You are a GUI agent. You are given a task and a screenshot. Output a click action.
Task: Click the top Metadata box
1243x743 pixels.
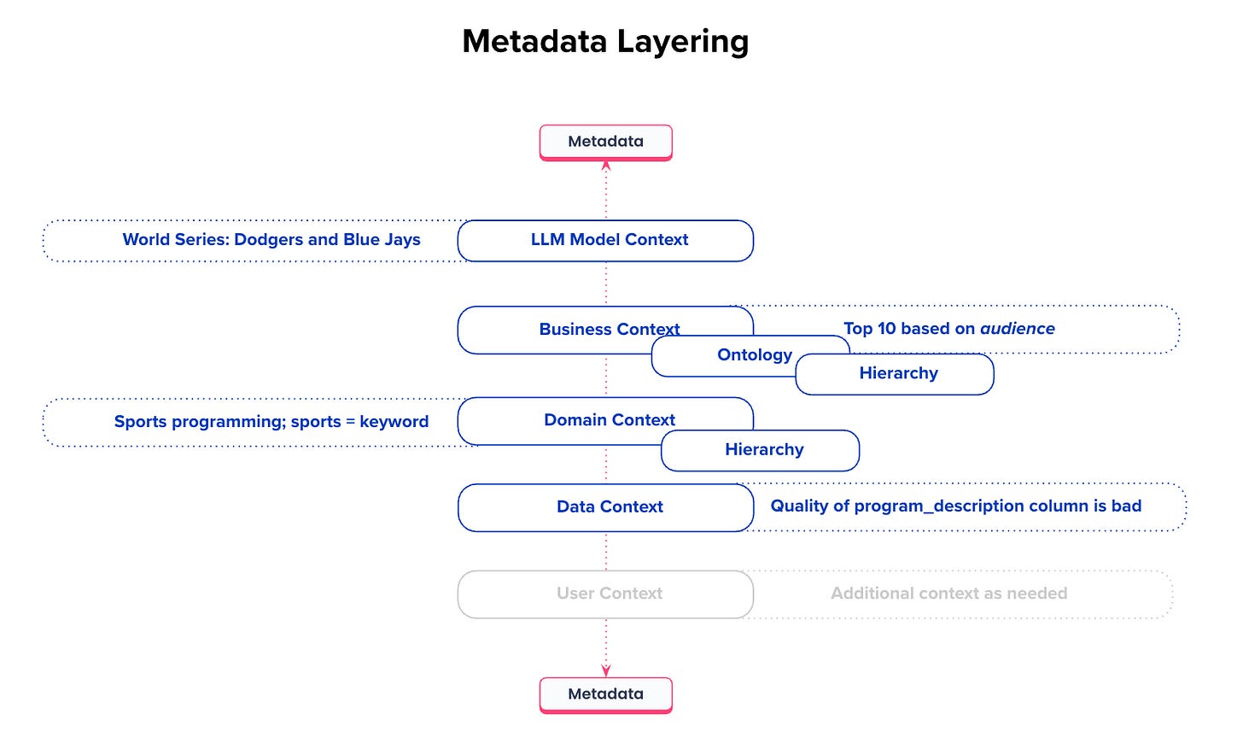[x=605, y=142]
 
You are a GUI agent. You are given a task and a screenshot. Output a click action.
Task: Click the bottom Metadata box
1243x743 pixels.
[x=605, y=694]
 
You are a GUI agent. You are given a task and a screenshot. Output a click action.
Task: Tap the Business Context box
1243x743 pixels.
[x=563, y=329]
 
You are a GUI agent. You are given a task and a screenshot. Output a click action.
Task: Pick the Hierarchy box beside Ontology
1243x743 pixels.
[x=898, y=374]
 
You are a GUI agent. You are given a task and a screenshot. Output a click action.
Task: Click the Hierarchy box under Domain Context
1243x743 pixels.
[x=763, y=450]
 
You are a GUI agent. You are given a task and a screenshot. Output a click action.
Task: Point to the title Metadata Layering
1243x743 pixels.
[x=605, y=41]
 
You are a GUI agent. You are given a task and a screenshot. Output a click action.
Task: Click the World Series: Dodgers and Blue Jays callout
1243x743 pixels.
[x=271, y=240]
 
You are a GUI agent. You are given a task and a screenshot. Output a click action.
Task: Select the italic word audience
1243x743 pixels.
[x=1017, y=329]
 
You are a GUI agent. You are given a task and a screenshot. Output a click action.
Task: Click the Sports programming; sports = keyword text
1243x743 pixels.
[x=271, y=422]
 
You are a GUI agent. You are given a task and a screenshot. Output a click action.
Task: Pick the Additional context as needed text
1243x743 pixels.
[x=948, y=594]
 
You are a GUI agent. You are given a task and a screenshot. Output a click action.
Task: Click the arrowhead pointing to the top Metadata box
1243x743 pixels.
[x=606, y=166]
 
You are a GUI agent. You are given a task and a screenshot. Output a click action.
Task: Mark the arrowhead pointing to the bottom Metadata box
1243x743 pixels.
[x=606, y=671]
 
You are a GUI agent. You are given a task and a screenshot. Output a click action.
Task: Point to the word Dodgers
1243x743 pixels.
[x=268, y=240]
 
